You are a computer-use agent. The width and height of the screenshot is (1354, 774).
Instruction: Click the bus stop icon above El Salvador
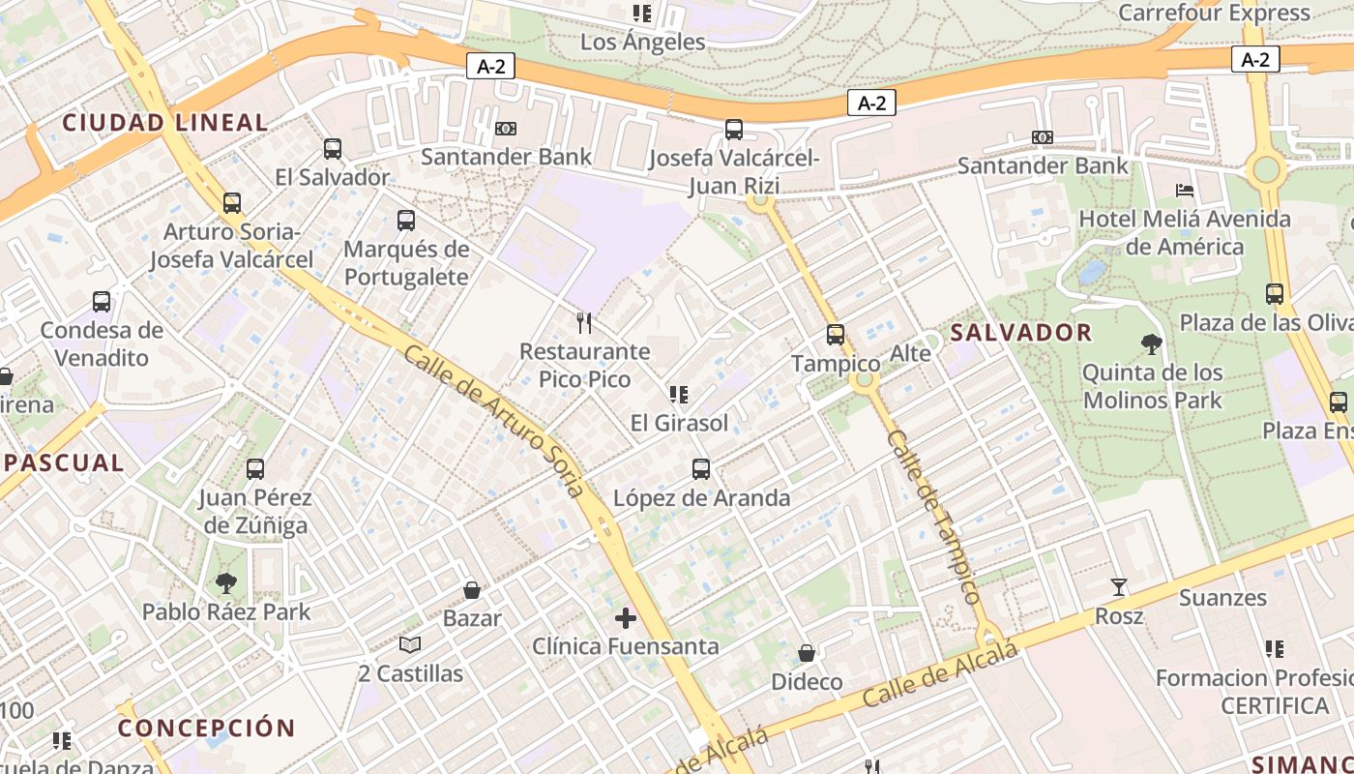[x=333, y=149]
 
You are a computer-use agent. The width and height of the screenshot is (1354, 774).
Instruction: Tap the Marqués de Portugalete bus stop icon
[x=406, y=221]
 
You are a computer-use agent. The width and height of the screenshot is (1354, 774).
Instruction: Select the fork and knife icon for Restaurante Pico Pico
[x=584, y=322]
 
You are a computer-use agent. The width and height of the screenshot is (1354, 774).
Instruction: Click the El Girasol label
[x=679, y=423]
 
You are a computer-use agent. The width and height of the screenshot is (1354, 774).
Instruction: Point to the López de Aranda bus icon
[x=701, y=469]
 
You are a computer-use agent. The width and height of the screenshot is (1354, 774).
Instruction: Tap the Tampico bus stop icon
[x=836, y=335]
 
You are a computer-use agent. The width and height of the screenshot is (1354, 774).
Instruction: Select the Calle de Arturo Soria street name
[x=494, y=422]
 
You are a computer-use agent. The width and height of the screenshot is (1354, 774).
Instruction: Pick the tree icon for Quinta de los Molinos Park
[x=1151, y=343]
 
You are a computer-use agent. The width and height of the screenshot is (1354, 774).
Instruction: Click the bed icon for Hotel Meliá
[x=1185, y=190]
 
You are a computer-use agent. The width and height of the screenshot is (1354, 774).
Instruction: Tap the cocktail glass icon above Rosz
[x=1119, y=586]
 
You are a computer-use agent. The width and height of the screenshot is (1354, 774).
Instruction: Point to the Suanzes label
[x=1222, y=598]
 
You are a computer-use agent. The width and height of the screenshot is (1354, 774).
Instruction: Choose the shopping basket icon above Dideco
[x=807, y=653]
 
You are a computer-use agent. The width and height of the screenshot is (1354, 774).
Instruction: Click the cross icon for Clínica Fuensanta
[x=626, y=617]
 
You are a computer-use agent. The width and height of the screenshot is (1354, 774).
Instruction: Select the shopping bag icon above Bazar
[x=472, y=590]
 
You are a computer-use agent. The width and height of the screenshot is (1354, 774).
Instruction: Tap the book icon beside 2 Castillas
[x=410, y=644]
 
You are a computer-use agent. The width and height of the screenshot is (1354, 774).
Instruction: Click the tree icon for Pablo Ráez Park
[x=226, y=582]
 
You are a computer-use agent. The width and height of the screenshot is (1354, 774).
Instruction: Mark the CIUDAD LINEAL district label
[x=164, y=123]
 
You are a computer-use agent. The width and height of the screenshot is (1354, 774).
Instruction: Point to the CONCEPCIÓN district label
[x=206, y=728]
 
